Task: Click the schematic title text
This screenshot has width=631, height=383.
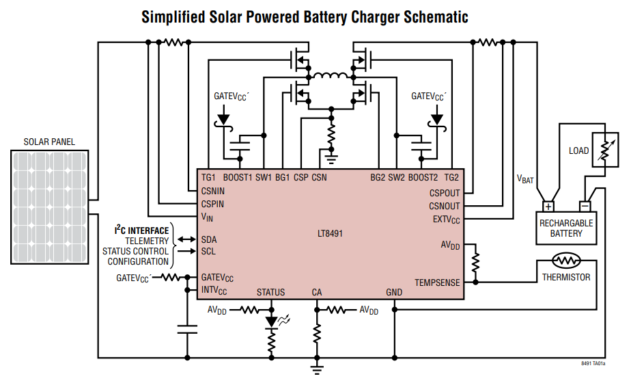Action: tap(305, 16)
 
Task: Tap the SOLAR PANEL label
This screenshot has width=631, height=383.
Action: tap(49, 142)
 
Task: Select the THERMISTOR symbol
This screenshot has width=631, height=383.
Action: tap(565, 261)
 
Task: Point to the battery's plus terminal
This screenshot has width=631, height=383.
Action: tap(548, 206)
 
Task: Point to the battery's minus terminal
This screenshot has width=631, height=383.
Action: tap(585, 206)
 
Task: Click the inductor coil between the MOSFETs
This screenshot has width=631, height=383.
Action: tap(332, 75)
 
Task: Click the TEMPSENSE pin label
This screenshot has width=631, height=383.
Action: tap(437, 282)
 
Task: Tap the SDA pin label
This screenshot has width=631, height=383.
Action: tap(209, 239)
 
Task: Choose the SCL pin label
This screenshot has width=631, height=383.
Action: tap(209, 251)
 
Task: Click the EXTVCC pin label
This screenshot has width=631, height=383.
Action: tap(446, 220)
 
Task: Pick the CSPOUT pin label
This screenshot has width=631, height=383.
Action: tap(445, 194)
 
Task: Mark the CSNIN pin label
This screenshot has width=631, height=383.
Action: tap(212, 191)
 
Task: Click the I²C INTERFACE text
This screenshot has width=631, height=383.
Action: tap(141, 230)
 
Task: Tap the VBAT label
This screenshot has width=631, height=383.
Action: tap(525, 179)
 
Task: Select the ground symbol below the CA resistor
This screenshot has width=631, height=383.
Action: tap(316, 370)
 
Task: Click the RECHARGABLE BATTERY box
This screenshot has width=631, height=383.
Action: tap(566, 228)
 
